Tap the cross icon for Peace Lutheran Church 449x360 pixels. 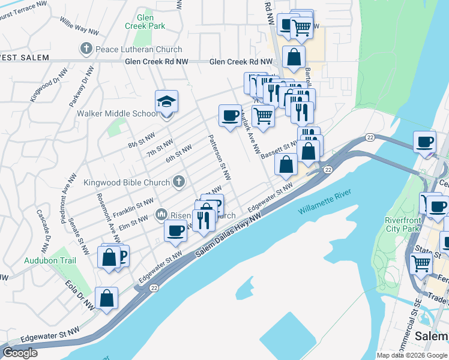coord(86,49)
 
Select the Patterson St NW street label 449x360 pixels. coord(219,157)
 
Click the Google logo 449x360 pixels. coord(20,353)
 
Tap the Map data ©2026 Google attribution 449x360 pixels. coord(412,355)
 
